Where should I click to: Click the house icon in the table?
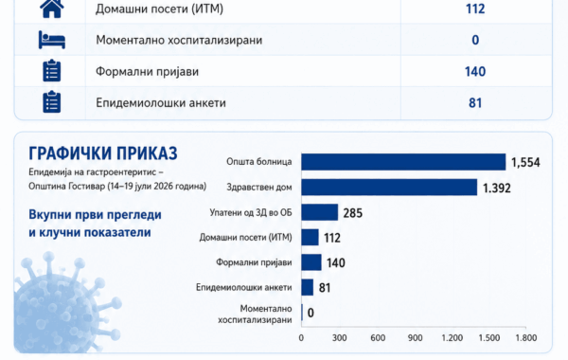pyautogui.click(x=52, y=8)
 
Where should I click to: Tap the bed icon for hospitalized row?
pyautogui.click(x=52, y=40)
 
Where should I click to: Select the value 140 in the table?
pyautogui.click(x=475, y=71)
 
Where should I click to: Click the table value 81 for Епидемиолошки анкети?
pyautogui.click(x=475, y=103)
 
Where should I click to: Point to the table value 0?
pyautogui.click(x=475, y=40)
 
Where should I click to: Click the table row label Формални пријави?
pyautogui.click(x=147, y=71)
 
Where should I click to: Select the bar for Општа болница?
pyautogui.click(x=403, y=162)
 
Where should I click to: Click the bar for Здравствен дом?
pyautogui.click(x=389, y=187)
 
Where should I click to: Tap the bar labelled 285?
pyautogui.click(x=320, y=212)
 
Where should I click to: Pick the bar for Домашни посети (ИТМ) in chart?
pyautogui.click(x=311, y=237)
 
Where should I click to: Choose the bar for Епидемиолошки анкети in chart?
pyautogui.click(x=307, y=287)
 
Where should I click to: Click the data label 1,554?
pyautogui.click(x=525, y=162)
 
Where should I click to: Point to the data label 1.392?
pyautogui.click(x=497, y=188)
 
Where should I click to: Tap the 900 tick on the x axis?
pyautogui.click(x=415, y=338)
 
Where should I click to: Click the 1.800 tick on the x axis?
pyautogui.click(x=526, y=338)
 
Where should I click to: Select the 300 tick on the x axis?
pyautogui.click(x=340, y=338)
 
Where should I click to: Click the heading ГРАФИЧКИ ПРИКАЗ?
pyautogui.click(x=103, y=153)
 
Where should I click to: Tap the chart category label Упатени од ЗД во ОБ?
pyautogui.click(x=251, y=212)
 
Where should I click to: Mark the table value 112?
pyautogui.click(x=475, y=9)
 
